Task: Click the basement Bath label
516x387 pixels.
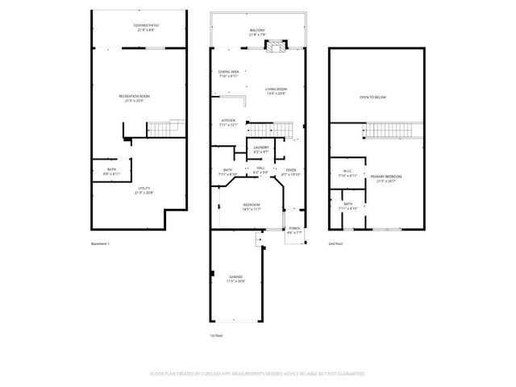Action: pos(111,171)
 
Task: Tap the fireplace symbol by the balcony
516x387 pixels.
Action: pos(277,48)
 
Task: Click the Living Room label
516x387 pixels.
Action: pos(277,91)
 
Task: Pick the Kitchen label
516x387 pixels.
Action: pos(229,123)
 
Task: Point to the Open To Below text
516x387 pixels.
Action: pos(372,98)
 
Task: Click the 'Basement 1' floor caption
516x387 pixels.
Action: pos(100,243)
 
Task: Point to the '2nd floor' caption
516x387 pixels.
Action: pos(337,243)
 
